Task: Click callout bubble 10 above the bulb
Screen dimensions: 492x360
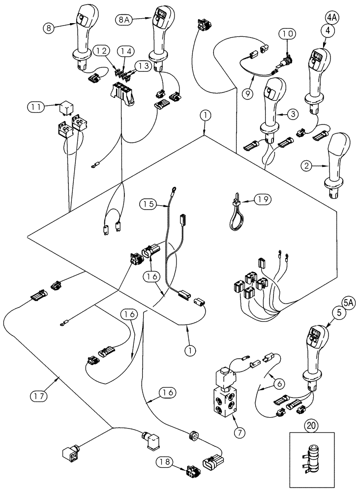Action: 287,34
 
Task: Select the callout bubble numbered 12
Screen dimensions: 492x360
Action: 100,50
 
